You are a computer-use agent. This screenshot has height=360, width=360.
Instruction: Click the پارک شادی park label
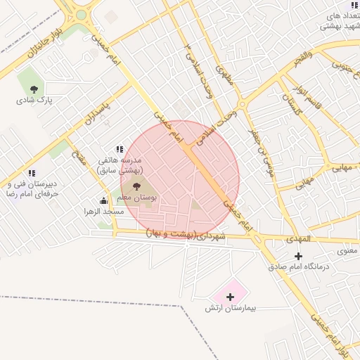point(35,100)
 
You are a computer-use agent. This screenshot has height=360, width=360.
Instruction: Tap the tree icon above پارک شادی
point(34,88)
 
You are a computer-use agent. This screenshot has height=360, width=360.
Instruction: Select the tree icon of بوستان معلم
point(136,186)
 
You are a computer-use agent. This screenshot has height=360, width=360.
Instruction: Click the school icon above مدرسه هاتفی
point(120,149)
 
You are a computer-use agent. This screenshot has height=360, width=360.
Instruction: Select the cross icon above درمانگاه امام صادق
point(299,256)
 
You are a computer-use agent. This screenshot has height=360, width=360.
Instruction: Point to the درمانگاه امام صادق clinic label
point(298,267)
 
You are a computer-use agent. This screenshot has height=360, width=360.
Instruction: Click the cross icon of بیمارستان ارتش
point(230,297)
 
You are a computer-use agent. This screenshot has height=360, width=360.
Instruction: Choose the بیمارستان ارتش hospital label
point(231,308)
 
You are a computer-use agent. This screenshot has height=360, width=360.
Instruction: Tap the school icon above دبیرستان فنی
point(31,173)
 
